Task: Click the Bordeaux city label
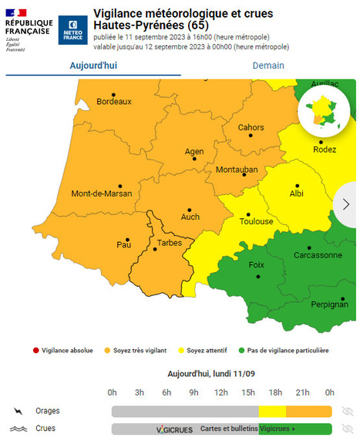[114, 101]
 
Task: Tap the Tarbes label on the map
[169, 243]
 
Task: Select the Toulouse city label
[257, 221]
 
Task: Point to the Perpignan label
[328, 304]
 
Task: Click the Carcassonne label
[318, 254]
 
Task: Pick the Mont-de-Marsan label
[101, 193]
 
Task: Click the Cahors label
[251, 127]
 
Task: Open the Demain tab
[268, 66]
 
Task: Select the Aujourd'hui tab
[93, 66]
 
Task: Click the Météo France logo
[72, 29]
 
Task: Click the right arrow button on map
[346, 203]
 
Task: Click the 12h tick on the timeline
[220, 392]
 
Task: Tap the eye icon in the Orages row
[347, 411]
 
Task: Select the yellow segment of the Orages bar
[274, 411]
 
